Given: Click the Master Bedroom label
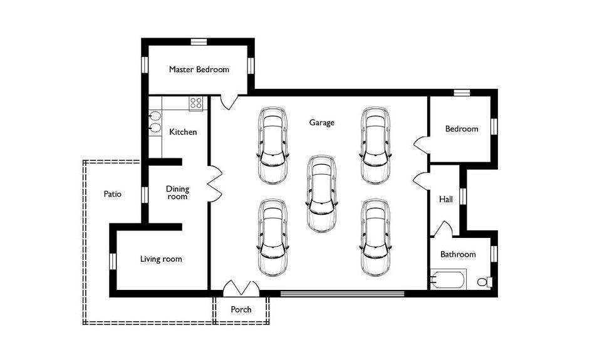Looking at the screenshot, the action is point(199,69).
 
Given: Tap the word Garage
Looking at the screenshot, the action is point(322,123).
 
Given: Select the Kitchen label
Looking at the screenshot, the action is point(183,132).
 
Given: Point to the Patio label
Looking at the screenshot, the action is point(113,194).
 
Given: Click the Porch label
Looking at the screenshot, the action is point(241,309).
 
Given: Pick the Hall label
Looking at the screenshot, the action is point(446,199).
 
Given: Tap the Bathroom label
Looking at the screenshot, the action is point(458,254).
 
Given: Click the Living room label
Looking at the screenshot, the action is point(161,259).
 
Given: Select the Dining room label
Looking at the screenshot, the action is point(177,193).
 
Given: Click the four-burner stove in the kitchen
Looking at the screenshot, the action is point(196,103).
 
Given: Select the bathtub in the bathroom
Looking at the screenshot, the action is point(448,279).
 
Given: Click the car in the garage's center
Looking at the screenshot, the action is point(322,193).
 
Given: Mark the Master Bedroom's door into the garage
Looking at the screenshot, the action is point(229,102).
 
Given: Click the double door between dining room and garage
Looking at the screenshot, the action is point(215,183).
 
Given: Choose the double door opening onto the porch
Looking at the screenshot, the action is point(241,288).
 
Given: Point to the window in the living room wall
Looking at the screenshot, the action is point(113,261).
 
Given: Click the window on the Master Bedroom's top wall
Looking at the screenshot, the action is point(199,41).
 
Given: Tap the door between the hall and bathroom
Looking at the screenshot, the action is point(443,229).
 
